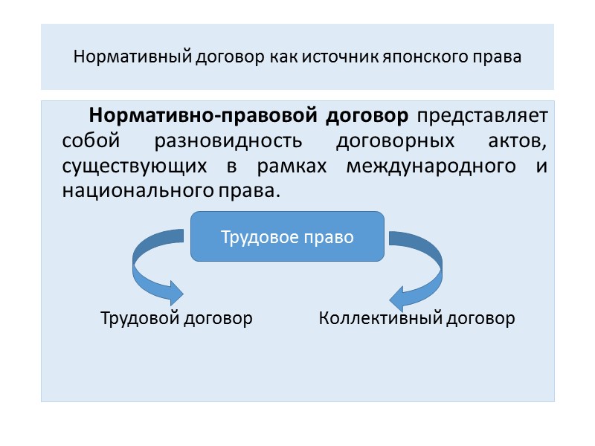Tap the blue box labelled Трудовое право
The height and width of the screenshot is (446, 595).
[x=287, y=237]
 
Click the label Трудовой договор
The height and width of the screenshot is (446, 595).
[x=177, y=319]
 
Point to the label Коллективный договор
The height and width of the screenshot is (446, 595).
[x=416, y=319]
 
